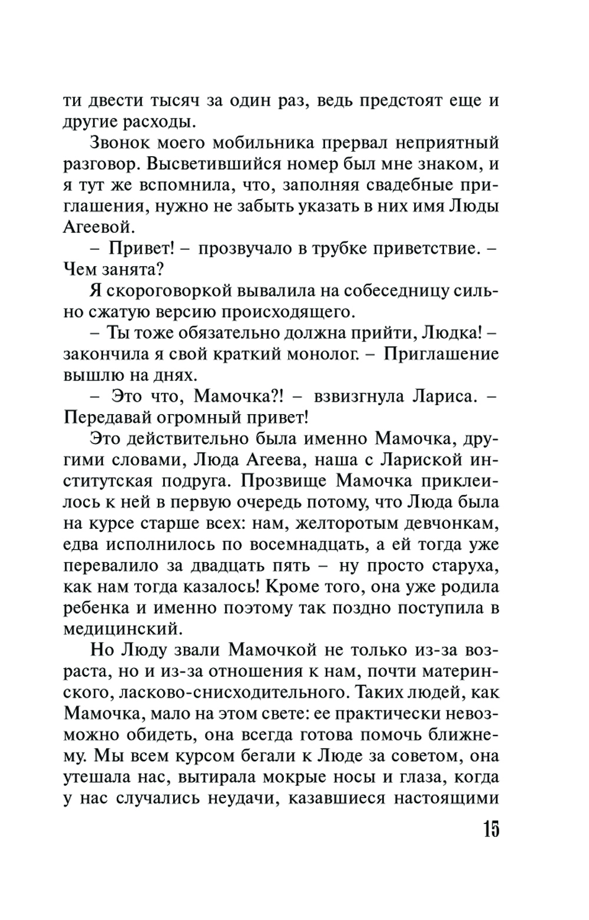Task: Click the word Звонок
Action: [x=125, y=143]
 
